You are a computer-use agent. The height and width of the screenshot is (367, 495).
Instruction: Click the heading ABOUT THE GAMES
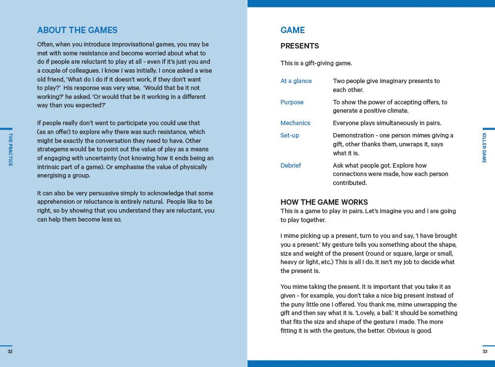[77, 30]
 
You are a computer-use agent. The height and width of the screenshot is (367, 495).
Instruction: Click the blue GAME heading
[293, 30]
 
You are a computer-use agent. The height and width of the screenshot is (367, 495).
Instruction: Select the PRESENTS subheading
[299, 46]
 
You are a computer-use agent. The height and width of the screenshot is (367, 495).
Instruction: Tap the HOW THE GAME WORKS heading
[324, 202]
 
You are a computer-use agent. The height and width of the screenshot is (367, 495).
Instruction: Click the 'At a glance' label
[296, 81]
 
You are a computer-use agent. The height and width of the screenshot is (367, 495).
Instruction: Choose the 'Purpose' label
[292, 102]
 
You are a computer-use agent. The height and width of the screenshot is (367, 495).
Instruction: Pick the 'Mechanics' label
[295, 123]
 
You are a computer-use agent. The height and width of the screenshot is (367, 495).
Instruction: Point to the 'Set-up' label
[290, 136]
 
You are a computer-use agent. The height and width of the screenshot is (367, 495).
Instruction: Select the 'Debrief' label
[291, 166]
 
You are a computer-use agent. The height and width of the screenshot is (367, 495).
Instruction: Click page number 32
[10, 352]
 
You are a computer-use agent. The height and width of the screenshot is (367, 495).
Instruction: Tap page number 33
[485, 352]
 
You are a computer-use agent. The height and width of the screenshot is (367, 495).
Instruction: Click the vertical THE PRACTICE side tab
[10, 149]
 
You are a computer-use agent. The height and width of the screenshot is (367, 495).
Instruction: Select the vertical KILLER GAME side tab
[484, 147]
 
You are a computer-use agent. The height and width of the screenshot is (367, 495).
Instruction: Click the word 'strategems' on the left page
[54, 149]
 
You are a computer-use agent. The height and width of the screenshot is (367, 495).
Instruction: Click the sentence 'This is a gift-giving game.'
[316, 63]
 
